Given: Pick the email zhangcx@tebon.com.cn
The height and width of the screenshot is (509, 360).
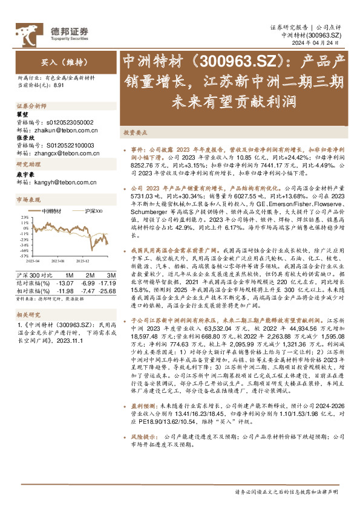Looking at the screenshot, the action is tap(67, 153).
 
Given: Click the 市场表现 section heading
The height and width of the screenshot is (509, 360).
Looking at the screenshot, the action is tap(28, 199).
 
